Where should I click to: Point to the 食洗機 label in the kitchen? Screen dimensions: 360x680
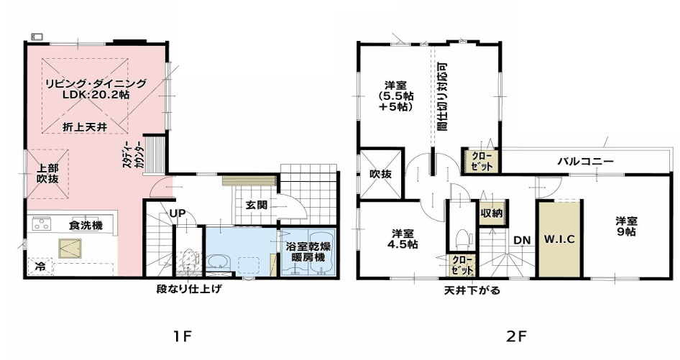tap(86, 226)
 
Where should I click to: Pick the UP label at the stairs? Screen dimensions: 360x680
tap(178, 213)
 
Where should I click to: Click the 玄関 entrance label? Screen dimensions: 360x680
tap(257, 205)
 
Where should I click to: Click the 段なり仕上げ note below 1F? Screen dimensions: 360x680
tap(189, 290)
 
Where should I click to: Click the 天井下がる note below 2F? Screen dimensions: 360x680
tap(472, 291)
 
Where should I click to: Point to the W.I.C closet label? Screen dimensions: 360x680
tap(559, 238)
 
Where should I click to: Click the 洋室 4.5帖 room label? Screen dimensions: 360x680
tap(402, 239)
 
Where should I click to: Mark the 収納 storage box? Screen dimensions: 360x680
tap(492, 213)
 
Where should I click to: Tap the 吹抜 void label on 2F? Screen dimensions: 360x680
tap(380, 173)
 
